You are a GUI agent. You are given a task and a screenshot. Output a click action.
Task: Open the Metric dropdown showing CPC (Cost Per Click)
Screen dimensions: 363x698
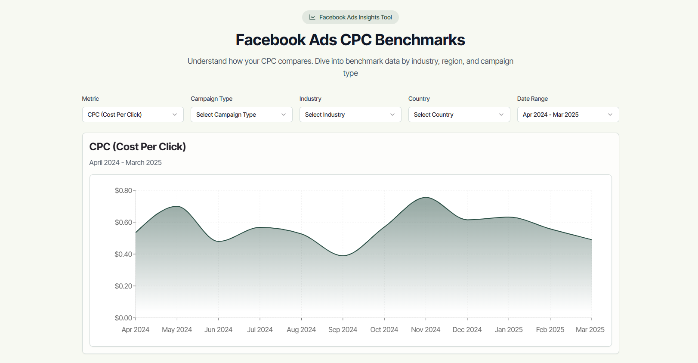point(133,115)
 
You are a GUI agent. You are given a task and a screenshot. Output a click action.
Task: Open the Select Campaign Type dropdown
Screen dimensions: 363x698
point(241,115)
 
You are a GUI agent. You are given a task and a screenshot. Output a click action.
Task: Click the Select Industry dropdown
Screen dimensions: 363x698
point(350,115)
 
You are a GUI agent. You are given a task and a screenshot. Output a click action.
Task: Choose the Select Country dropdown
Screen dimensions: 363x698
point(459,115)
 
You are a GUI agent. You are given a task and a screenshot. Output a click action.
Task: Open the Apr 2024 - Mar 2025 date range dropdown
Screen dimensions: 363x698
point(568,115)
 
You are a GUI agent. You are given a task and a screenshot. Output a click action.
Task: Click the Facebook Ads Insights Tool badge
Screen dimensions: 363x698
point(350,17)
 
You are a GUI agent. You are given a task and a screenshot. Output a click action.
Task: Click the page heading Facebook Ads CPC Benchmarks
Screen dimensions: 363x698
point(350,40)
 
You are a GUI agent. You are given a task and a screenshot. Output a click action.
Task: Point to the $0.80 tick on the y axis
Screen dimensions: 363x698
point(124,190)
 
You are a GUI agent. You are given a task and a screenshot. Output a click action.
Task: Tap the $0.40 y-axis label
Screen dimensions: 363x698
point(124,254)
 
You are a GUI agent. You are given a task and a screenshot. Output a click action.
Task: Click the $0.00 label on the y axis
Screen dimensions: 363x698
point(124,318)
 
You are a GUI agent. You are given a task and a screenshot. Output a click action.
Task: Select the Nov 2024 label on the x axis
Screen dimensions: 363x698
point(426,329)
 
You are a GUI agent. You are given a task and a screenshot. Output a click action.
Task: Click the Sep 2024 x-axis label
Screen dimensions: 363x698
point(343,329)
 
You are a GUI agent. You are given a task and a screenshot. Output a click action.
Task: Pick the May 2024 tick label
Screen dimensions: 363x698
point(177,329)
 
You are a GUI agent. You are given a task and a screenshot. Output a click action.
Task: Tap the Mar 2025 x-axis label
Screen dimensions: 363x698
point(590,329)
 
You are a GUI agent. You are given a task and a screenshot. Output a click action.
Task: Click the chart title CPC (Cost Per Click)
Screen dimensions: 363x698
point(137,147)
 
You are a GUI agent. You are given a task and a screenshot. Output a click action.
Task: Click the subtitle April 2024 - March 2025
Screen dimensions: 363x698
point(125,162)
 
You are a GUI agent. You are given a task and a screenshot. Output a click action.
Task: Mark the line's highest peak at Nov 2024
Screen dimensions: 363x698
point(426,197)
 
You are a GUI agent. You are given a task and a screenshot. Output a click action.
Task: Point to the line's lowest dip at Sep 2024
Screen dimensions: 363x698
point(343,256)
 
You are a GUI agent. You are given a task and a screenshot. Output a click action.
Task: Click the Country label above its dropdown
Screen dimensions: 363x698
point(419,99)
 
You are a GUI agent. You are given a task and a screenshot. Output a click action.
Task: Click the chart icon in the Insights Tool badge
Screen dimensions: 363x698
point(312,17)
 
